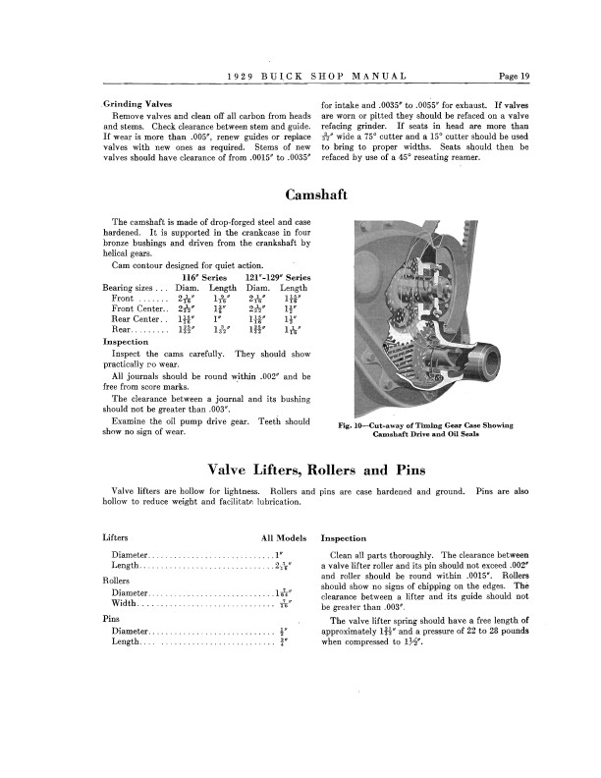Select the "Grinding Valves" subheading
pos(135,102)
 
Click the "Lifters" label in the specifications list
pos(115,538)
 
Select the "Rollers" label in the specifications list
pos(117,580)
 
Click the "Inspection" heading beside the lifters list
pos(344,538)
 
